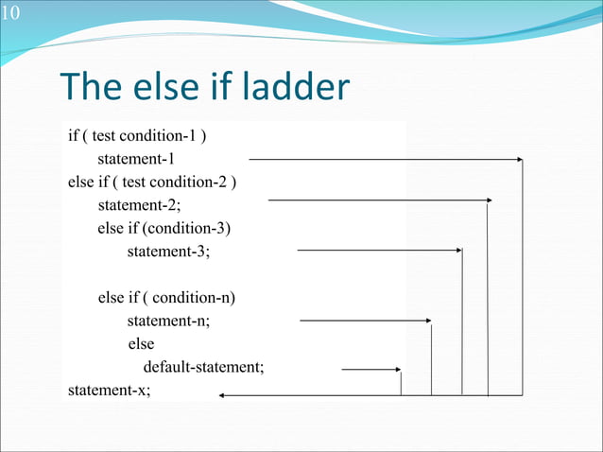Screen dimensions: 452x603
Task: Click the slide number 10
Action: point(9,11)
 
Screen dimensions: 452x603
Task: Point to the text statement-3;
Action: point(168,252)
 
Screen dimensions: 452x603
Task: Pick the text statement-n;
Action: point(168,321)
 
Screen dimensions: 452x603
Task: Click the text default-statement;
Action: point(203,367)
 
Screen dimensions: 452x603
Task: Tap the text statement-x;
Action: point(109,390)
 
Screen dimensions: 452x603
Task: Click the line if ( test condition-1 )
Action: point(138,136)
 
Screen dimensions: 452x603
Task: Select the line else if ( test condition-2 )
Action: point(151,182)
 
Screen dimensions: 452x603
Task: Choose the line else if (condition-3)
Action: point(164,228)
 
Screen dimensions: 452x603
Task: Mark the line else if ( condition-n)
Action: point(166,298)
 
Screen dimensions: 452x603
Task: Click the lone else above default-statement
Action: point(141,344)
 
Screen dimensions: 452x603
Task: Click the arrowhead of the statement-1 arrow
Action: point(518,160)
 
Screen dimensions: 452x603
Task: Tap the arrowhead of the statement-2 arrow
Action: point(489,200)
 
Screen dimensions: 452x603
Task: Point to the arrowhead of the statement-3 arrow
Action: point(458,251)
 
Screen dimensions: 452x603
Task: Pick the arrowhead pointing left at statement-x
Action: point(223,395)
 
